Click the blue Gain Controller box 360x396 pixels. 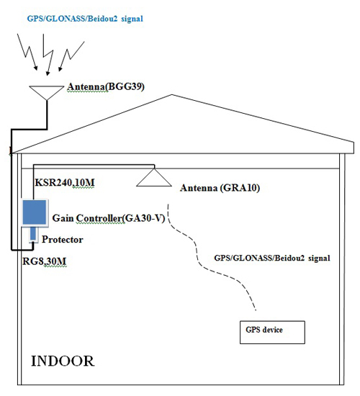tap(35, 212)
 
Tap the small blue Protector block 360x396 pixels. tap(33, 234)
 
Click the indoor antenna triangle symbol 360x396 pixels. tap(154, 178)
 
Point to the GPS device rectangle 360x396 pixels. tap(272, 333)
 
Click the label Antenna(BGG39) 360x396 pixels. tap(106, 87)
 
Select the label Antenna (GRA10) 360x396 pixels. tap(220, 188)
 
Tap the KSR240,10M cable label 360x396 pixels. tap(65, 182)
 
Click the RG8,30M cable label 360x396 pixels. tap(45, 261)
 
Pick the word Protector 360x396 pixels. tap(63, 240)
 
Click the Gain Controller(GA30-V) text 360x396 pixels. tap(109, 218)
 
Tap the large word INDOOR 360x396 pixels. tap(63, 361)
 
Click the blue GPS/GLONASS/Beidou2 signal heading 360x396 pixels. tap(85, 19)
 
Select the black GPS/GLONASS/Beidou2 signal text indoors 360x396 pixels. tap(272, 258)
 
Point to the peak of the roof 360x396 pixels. tap(172, 95)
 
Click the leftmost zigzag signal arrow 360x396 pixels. tap(27, 52)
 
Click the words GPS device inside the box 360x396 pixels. tap(264, 330)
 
